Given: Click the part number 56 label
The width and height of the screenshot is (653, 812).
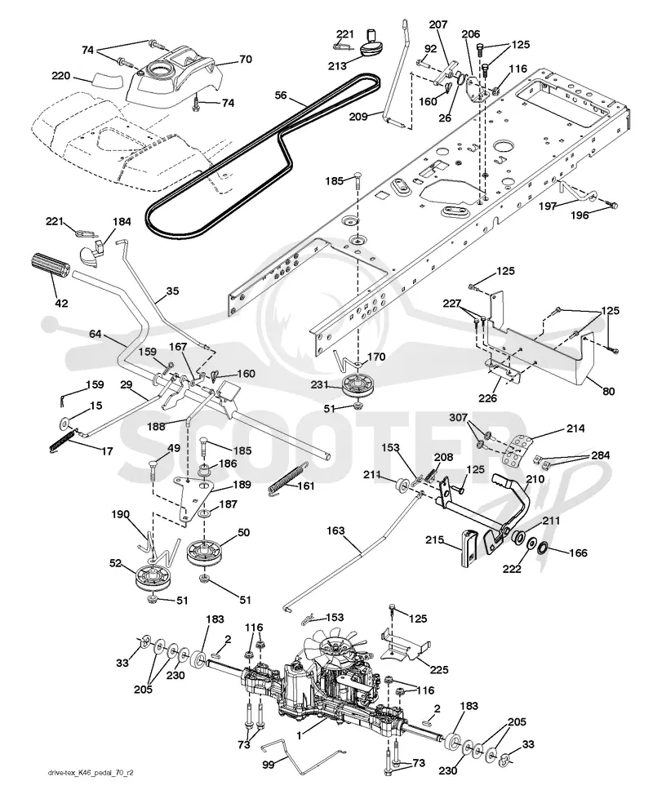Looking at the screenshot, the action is (281, 95).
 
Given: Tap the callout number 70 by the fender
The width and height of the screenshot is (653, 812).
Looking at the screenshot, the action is (246, 59).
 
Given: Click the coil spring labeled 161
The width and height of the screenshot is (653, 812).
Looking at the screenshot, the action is (285, 480).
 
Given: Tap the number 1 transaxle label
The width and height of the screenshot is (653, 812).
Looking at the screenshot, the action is (300, 734).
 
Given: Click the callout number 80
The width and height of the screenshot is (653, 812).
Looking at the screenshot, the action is (608, 391).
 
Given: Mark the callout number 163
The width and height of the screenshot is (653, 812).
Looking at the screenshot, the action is (336, 531).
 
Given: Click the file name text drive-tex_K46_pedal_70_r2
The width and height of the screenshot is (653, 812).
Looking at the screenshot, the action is (91, 773).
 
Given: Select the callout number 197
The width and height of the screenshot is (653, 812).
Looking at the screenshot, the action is (548, 206).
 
